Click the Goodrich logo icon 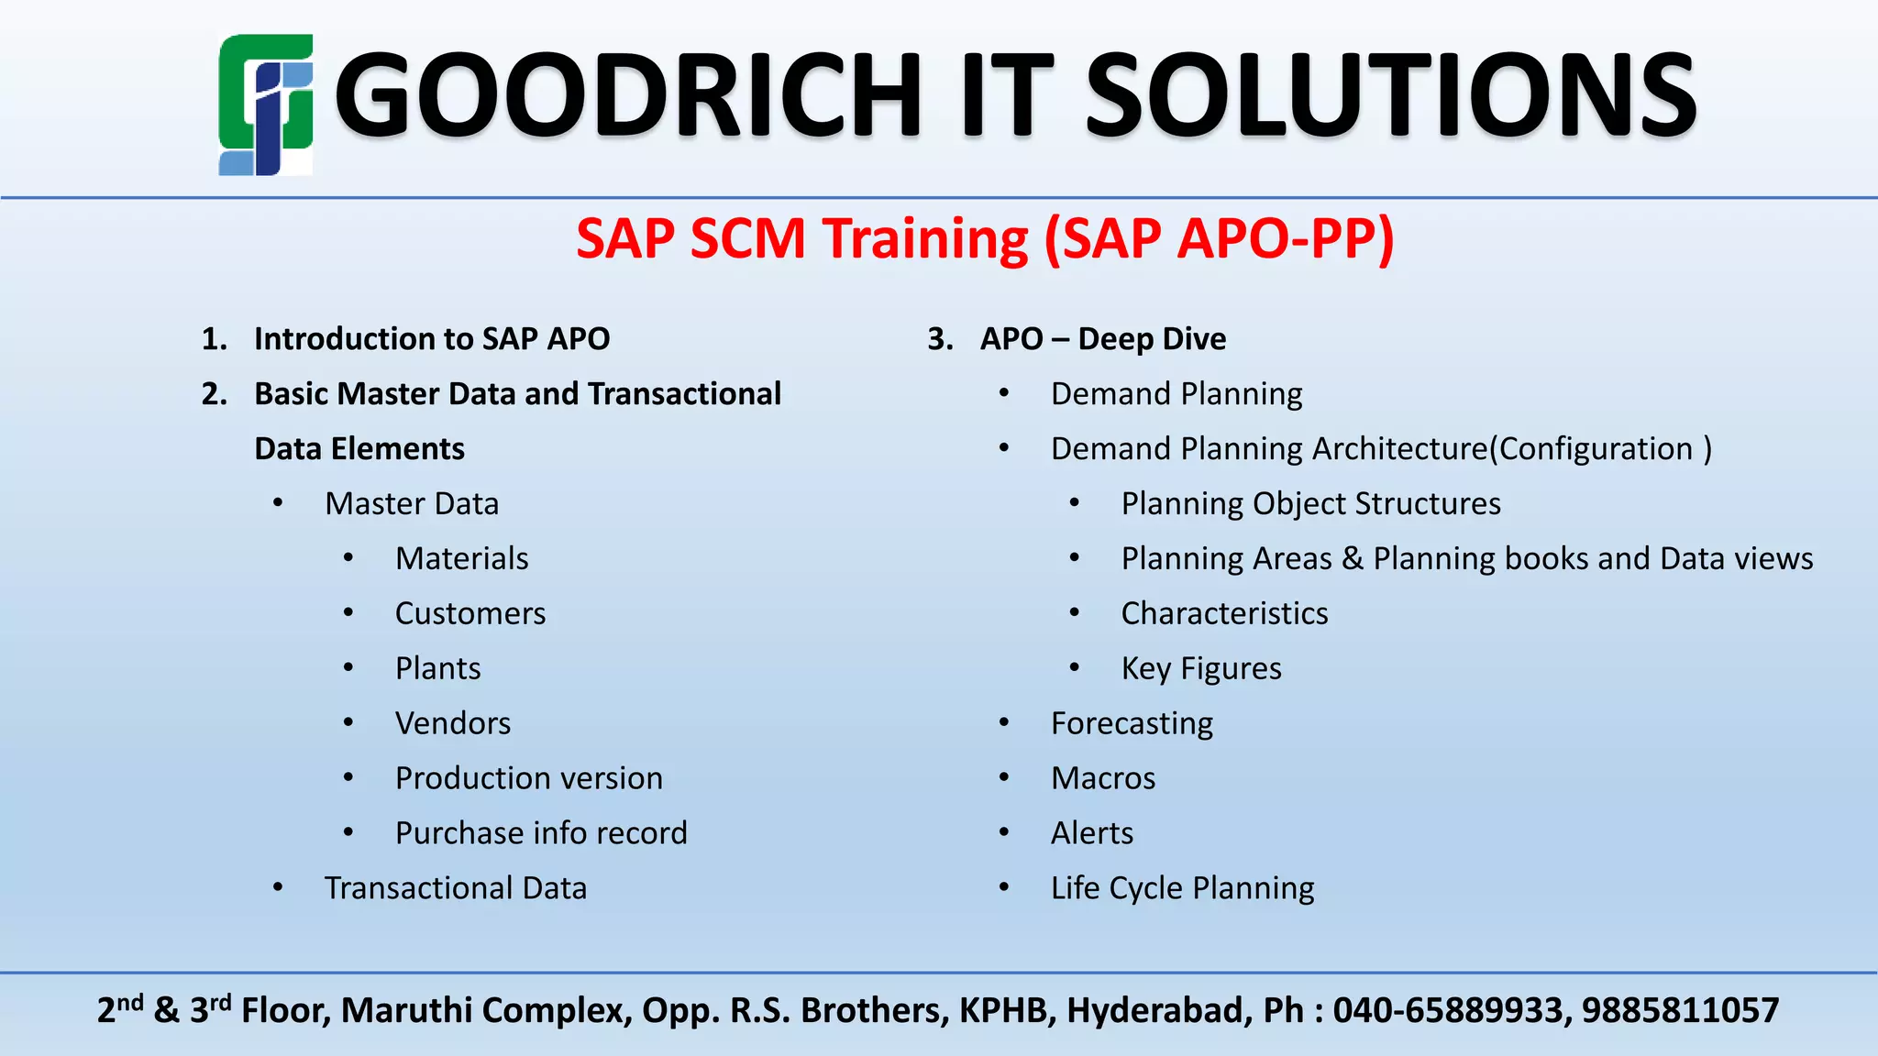pos(265,104)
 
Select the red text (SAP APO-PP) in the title pos(1220,239)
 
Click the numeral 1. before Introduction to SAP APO pos(214,339)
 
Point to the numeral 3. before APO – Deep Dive pos(940,339)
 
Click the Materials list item pos(461,558)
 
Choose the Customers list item pos(469,613)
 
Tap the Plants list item pos(437,668)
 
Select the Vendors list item pos(452,723)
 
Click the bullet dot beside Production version pos(348,777)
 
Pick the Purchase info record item pos(541,833)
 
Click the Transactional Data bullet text pos(455,888)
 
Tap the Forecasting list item pos(1132,723)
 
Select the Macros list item pos(1103,778)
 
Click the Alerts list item pos(1091,833)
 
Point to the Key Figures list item pos(1200,668)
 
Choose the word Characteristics pos(1224,613)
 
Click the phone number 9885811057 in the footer pos(1680,1010)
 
